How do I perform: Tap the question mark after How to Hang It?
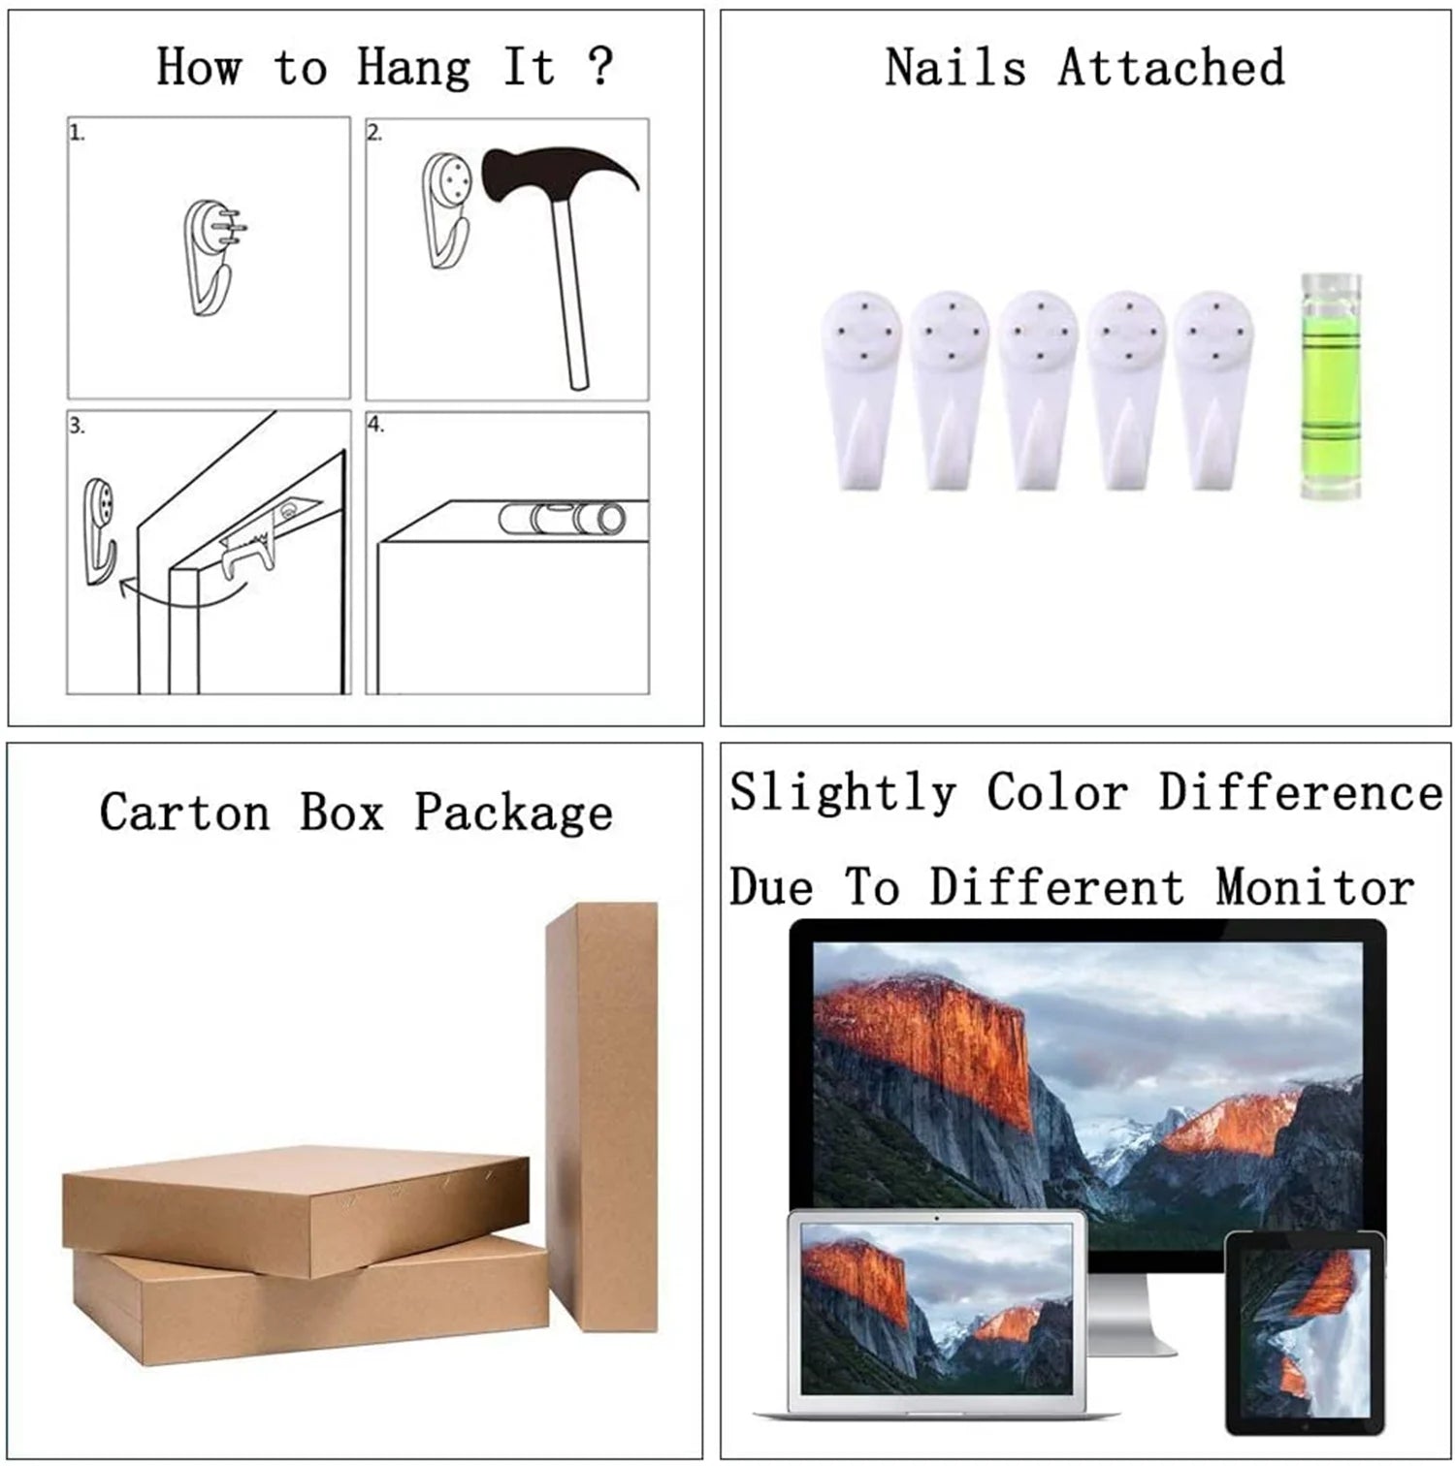[x=600, y=66]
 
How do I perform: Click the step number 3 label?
[x=77, y=426]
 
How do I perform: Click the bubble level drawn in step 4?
[x=563, y=519]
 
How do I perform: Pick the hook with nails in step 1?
[x=211, y=256]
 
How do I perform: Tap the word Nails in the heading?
[x=955, y=68]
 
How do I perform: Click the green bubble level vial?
[x=1330, y=386]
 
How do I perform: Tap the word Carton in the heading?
[x=184, y=812]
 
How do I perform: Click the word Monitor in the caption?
[x=1315, y=887]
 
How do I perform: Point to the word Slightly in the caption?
[x=842, y=794]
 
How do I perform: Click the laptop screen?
[x=936, y=1305]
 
